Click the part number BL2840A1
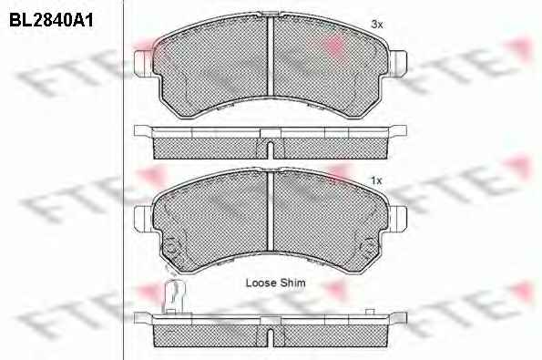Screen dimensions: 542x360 51,20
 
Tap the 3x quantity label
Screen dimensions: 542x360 377,25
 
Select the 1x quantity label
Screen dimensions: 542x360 376,180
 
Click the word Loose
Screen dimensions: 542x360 261,283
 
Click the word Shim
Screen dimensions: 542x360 292,283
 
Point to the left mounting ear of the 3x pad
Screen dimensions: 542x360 143,63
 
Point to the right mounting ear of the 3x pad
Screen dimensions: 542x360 398,63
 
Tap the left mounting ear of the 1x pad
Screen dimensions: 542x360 143,219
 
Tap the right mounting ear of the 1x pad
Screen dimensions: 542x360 398,218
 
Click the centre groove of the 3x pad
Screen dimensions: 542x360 271,56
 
